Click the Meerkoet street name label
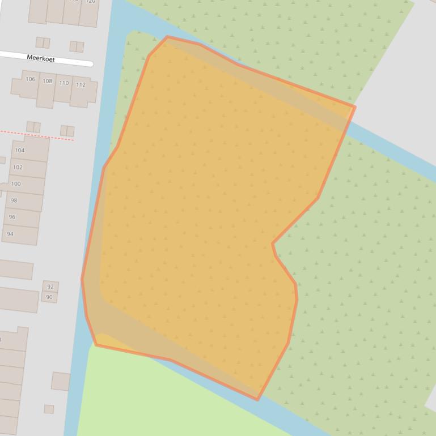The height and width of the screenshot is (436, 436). click(x=41, y=58)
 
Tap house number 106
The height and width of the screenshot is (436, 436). click(x=31, y=79)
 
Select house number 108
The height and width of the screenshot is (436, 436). click(x=48, y=82)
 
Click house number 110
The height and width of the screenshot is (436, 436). click(x=64, y=83)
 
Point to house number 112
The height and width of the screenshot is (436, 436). click(x=81, y=85)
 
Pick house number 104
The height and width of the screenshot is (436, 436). click(x=20, y=151)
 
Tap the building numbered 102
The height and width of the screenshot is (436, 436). click(x=18, y=168)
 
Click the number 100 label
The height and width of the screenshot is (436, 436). click(x=16, y=184)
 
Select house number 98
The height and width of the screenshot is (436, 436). click(x=14, y=200)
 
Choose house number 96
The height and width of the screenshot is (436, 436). click(x=12, y=217)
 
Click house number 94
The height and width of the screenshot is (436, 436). click(x=10, y=234)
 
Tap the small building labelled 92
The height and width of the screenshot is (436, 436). click(x=50, y=287)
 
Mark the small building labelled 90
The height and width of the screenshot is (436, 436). click(x=49, y=297)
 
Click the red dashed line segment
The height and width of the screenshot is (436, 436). click(x=37, y=135)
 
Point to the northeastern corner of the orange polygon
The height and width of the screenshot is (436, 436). click(x=354, y=106)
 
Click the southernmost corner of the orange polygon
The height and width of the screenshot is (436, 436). click(x=258, y=399)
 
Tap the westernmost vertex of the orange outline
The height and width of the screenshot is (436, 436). click(x=82, y=278)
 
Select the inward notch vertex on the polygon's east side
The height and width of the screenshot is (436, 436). click(x=273, y=244)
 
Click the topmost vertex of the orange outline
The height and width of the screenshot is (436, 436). click(x=167, y=37)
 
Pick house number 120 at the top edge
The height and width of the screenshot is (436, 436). click(x=90, y=2)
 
